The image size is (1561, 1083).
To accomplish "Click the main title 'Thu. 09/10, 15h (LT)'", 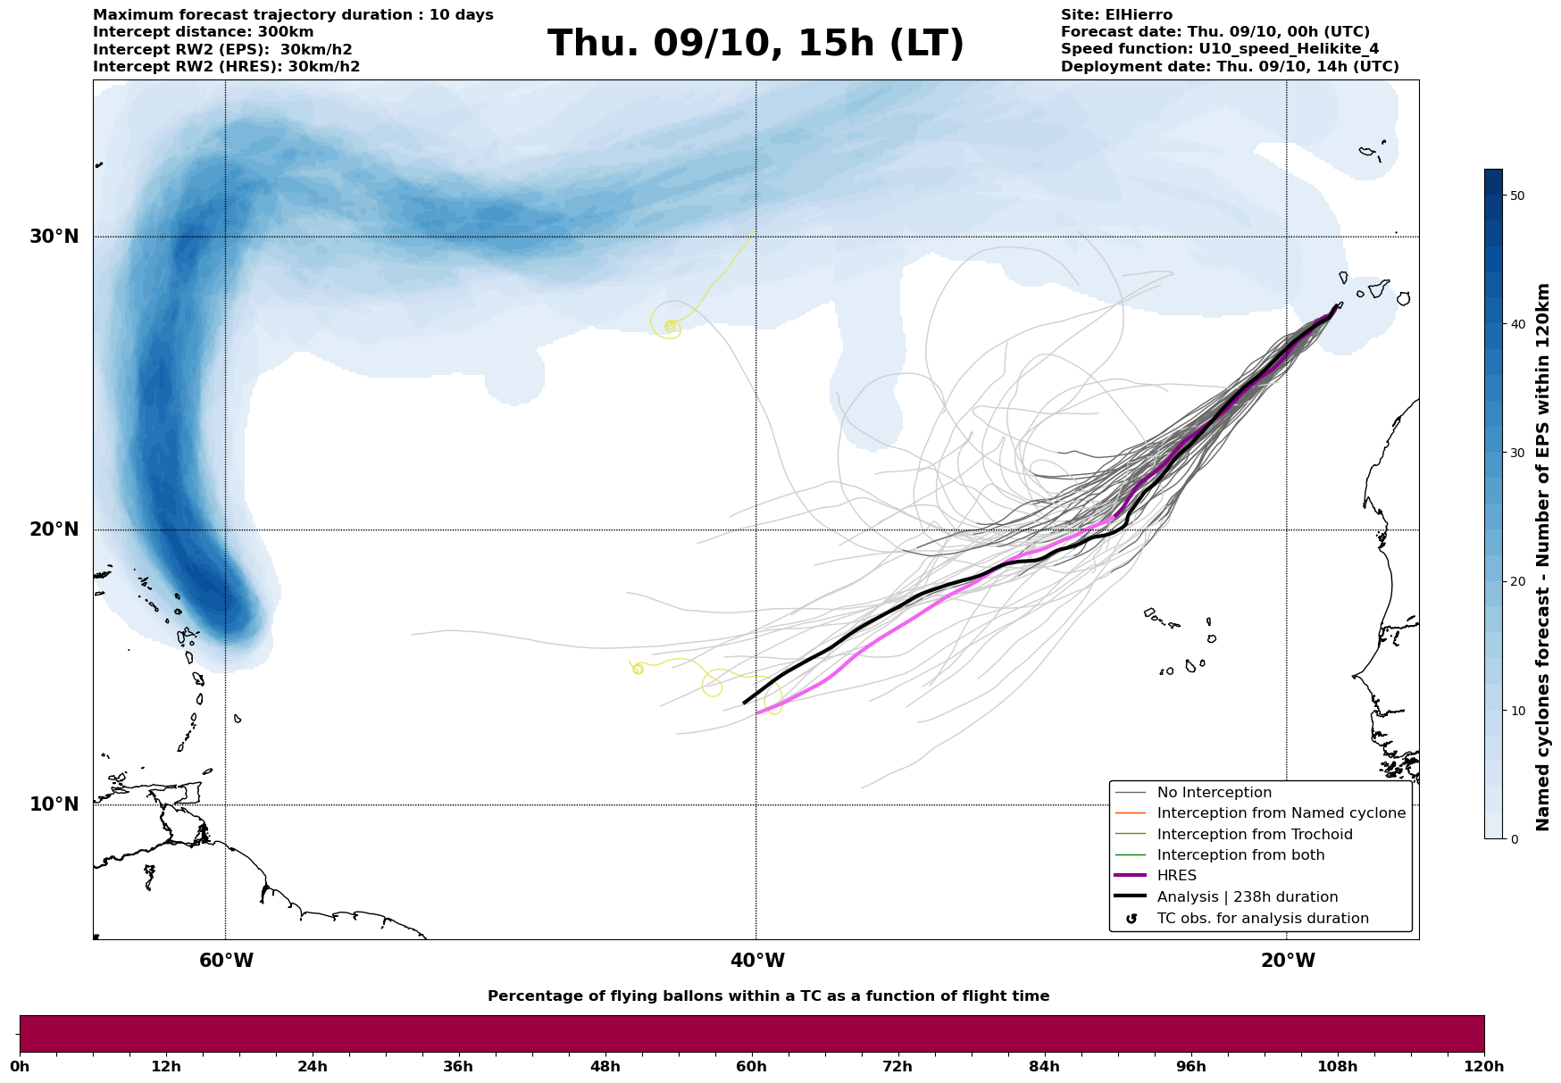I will click(755, 44).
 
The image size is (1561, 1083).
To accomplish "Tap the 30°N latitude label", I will click(54, 237).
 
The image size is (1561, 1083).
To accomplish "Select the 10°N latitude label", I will click(54, 804).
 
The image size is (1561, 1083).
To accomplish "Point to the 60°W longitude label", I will click(226, 961).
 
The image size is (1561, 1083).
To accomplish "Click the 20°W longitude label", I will click(1287, 961).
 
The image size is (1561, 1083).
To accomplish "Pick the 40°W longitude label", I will click(756, 961).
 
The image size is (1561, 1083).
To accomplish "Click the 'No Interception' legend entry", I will click(1214, 793).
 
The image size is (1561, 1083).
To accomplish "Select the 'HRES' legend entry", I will click(1176, 876).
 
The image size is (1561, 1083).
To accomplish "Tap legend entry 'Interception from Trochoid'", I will click(1254, 835).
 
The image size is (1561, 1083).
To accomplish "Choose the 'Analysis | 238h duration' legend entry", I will click(1247, 897).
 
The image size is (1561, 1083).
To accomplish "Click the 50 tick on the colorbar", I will click(1516, 196).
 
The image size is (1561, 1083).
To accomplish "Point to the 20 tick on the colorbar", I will click(1516, 582).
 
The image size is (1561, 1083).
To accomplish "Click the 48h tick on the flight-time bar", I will click(605, 1067).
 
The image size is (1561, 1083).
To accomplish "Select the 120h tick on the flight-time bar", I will click(1483, 1067).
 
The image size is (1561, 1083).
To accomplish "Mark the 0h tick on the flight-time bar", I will click(20, 1067).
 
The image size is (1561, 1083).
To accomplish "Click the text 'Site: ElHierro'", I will click(1116, 15).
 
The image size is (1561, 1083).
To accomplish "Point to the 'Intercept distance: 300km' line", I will click(204, 32).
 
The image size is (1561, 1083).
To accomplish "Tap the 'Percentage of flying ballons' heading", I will click(768, 996).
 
